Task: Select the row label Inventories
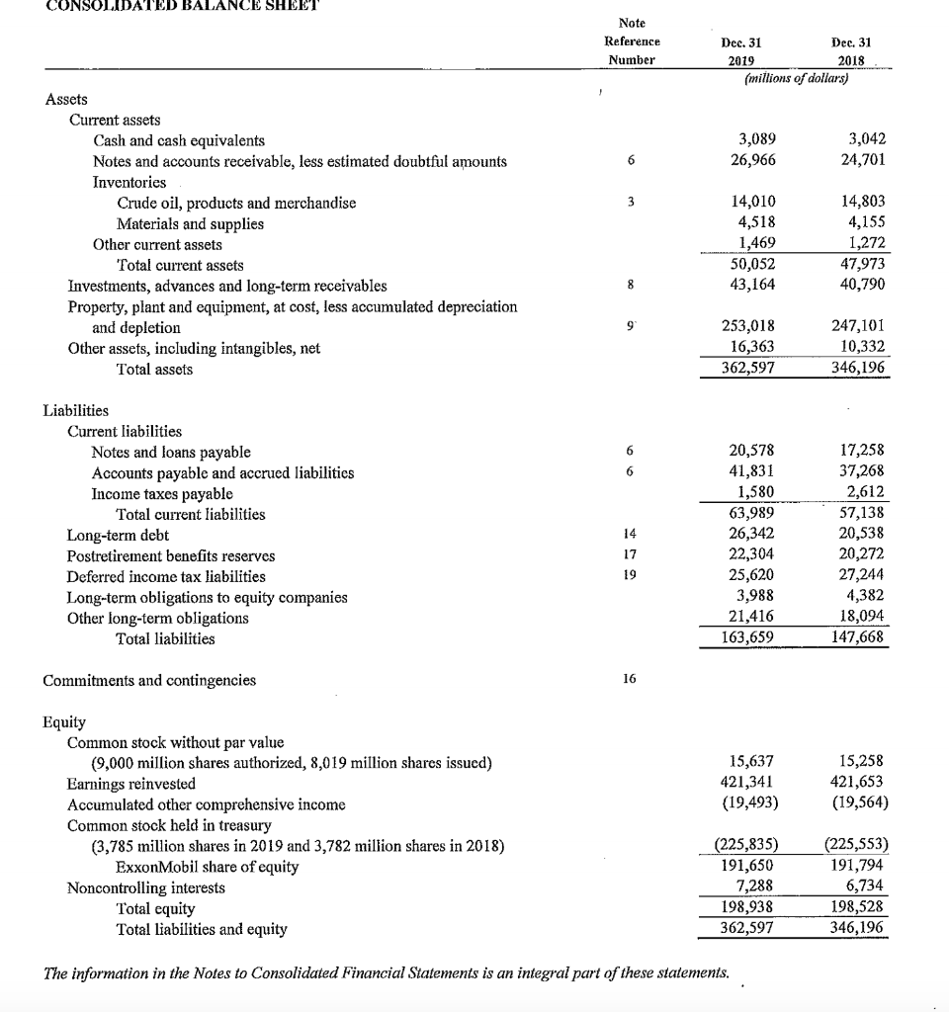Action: tap(129, 182)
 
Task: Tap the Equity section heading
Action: tap(65, 721)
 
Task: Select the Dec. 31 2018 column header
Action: tap(851, 50)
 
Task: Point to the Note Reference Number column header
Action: tap(632, 41)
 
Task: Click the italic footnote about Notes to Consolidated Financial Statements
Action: tap(388, 971)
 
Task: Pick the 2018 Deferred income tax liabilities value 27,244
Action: tap(863, 576)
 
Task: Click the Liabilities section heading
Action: tap(77, 410)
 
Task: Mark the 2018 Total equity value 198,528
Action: tap(858, 908)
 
